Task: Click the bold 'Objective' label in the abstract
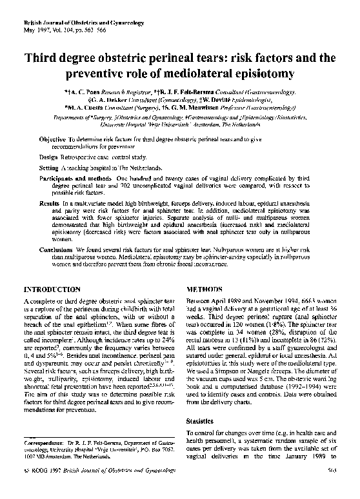[x=52, y=139]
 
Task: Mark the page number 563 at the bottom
[x=332, y=488]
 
